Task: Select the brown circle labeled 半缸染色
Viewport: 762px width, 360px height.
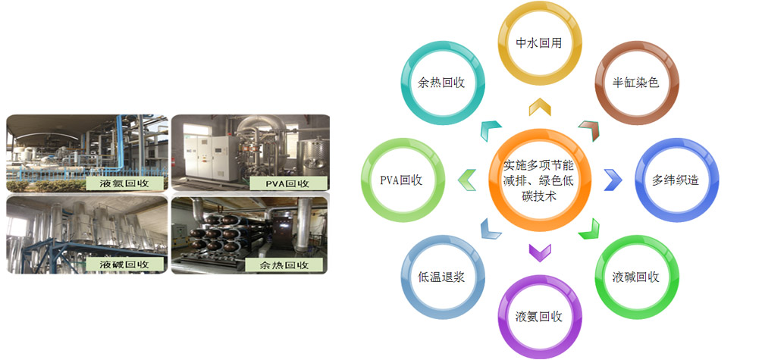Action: (x=635, y=83)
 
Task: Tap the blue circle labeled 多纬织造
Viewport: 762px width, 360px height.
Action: (x=673, y=180)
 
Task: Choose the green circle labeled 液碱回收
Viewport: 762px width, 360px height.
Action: (x=635, y=277)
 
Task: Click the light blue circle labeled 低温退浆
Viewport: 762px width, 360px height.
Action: (x=441, y=277)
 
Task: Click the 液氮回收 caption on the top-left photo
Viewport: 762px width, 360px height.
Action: (x=124, y=183)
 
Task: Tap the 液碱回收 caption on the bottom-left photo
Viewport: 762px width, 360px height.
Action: (x=124, y=265)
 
